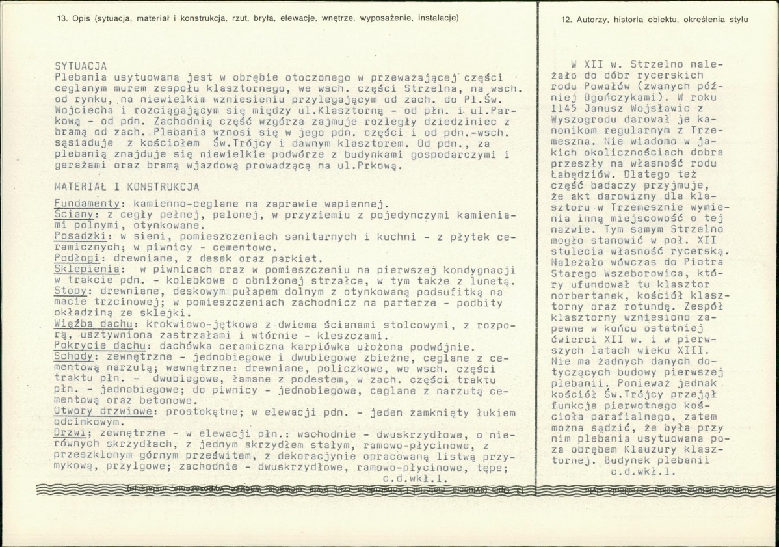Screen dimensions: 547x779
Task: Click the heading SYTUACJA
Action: coord(81,66)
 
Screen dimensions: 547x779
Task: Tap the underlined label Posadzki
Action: coord(78,235)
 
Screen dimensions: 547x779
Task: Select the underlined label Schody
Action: coord(75,357)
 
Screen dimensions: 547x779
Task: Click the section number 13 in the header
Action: coord(62,18)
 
